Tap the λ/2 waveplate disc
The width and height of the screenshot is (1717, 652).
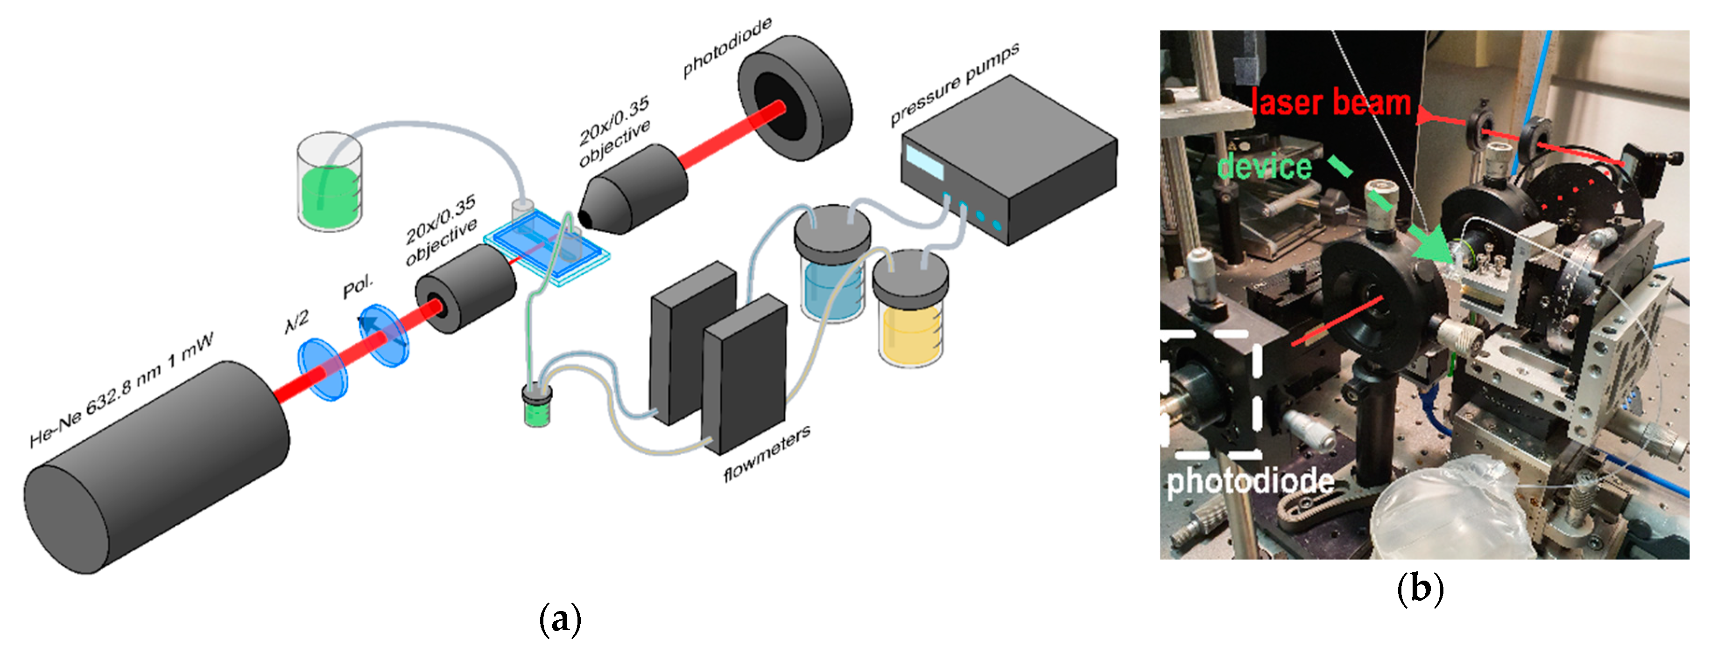tap(323, 370)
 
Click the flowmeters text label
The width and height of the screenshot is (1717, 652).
tap(767, 453)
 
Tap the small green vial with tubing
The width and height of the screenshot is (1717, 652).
tap(537, 406)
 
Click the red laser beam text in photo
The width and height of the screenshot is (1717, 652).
tap(1330, 103)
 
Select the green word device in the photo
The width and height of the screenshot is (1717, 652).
tap(1264, 166)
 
